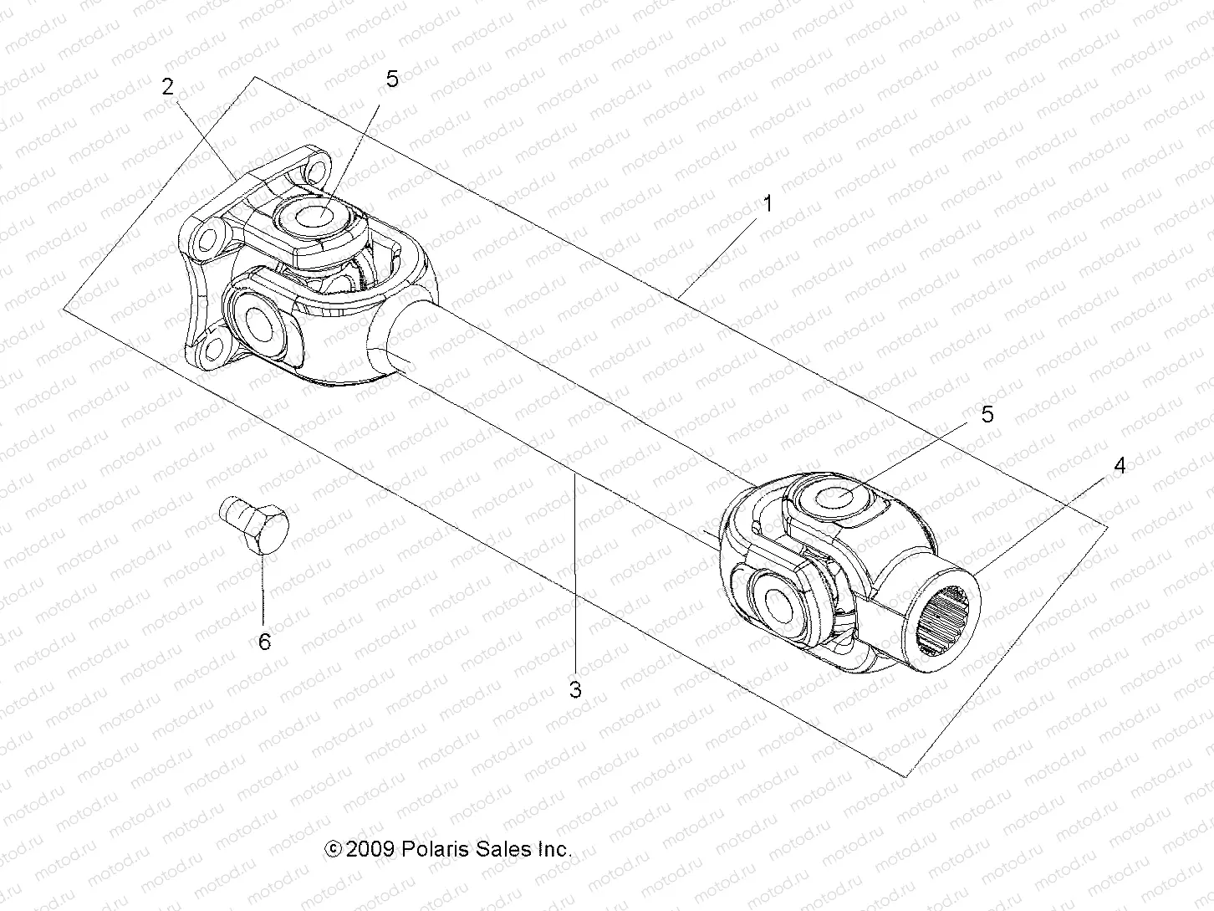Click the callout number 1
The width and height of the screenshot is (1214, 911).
768,203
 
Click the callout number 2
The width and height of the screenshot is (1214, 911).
168,86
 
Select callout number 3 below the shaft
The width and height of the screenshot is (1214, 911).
574,689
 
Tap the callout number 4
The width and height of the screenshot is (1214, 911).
1119,465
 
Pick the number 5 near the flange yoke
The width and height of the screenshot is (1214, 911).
392,79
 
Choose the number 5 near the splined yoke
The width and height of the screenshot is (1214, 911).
987,414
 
